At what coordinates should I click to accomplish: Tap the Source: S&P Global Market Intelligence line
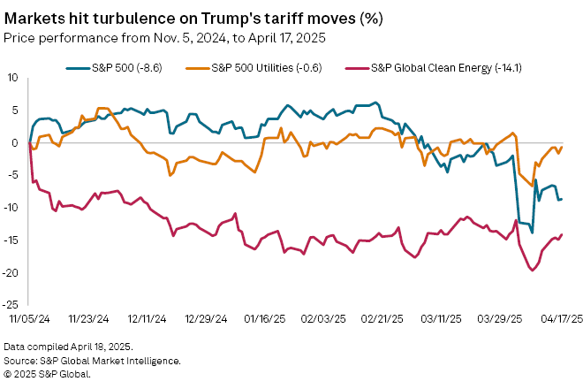[x=93, y=361]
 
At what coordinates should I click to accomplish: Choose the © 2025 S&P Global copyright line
[x=47, y=374]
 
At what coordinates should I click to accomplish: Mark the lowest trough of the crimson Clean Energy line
[x=532, y=270]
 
